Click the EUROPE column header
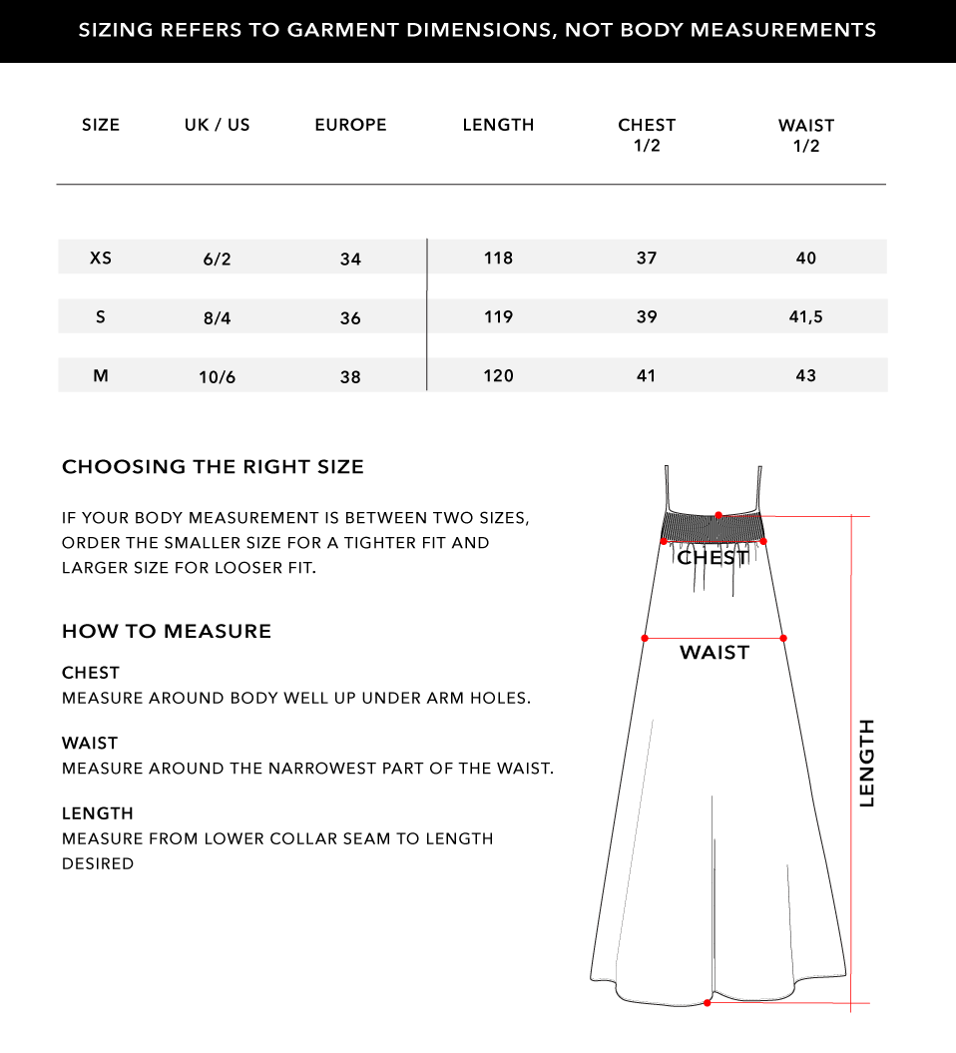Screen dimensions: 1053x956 pos(350,125)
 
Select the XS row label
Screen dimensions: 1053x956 pos(101,258)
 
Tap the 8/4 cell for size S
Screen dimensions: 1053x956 pos(217,317)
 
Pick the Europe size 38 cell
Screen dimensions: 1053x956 pos(350,377)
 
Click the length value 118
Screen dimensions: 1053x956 pos(498,258)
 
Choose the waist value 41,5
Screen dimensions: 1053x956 pos(806,317)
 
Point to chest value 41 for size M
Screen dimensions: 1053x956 pos(647,375)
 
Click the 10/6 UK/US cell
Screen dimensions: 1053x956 pos(217,377)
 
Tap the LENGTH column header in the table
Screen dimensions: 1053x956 pos(498,125)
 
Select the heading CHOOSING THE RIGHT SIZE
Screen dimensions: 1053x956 pos(213,466)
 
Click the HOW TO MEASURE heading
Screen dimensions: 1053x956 pos(167,631)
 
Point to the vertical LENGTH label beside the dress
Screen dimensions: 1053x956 pos(866,763)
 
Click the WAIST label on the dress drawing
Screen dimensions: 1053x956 pos(715,653)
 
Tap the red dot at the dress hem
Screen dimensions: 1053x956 pos(708,1002)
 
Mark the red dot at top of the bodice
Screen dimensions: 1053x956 pos(718,515)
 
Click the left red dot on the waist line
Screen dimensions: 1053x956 pos(645,637)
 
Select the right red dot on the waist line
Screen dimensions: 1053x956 pos(783,637)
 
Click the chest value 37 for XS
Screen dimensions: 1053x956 pos(647,258)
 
